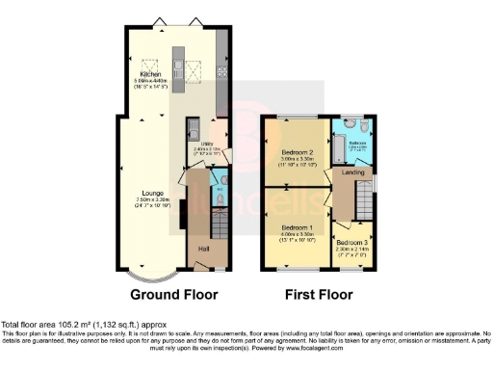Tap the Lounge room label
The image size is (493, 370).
coord(140,194)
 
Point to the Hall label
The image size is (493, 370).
coord(204,248)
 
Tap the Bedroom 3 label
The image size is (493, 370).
coord(350,240)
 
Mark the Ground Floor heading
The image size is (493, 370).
coord(173,293)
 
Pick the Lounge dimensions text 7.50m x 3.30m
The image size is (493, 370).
coord(140,200)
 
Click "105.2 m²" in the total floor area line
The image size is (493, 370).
coord(60,324)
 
